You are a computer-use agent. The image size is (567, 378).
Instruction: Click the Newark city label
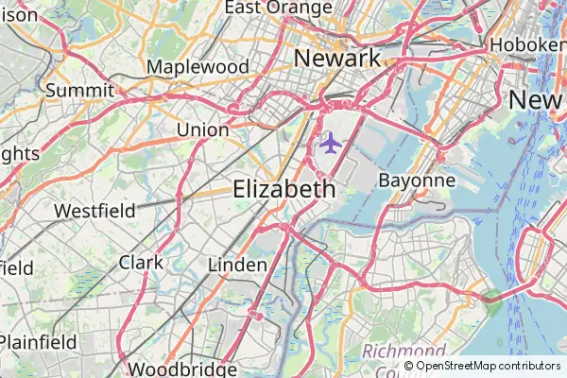337,58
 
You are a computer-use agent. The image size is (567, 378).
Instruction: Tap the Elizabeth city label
283,189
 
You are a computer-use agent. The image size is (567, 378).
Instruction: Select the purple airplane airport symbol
330,144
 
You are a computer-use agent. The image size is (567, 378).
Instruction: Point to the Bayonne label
417,180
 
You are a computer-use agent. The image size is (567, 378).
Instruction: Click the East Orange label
278,8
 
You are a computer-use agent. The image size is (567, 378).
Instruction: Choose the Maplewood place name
198,67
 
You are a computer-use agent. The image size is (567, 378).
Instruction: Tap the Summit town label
79,91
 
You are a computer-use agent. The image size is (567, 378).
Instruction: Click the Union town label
202,129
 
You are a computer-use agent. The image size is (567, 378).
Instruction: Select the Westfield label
94,210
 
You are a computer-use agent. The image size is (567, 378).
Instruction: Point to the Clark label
141,262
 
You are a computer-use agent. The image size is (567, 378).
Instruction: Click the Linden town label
237,265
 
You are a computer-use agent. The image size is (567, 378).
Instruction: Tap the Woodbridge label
181,369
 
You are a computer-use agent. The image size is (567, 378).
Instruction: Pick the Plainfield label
38,341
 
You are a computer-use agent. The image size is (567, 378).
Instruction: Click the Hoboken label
527,43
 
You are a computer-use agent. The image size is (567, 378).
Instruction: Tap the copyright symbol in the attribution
408,366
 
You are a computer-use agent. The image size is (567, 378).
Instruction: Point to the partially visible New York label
537,99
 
